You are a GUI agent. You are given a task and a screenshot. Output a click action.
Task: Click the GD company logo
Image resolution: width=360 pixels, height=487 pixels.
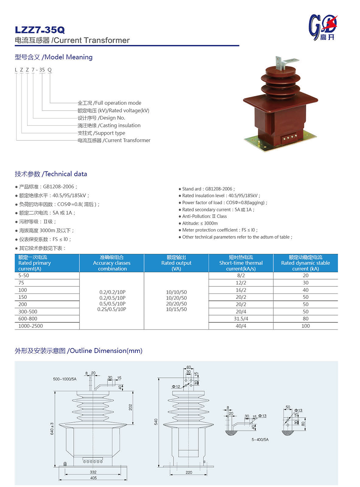(x=323, y=27)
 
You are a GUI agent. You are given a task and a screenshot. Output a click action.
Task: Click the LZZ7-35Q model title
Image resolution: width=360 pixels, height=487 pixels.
(x=40, y=30)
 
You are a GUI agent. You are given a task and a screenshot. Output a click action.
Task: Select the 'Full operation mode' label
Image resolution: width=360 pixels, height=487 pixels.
(x=109, y=103)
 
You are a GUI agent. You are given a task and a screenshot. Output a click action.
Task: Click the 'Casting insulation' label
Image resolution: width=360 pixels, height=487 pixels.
(x=109, y=125)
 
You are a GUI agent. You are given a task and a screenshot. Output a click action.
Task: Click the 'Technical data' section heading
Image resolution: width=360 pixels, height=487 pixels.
(x=51, y=174)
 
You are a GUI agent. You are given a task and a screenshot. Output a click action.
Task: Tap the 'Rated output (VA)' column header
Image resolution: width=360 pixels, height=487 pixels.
(x=176, y=263)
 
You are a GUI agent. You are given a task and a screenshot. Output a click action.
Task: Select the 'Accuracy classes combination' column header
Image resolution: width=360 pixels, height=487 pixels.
(x=112, y=263)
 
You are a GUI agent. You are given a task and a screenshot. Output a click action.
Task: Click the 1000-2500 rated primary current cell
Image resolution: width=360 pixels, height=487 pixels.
(x=31, y=326)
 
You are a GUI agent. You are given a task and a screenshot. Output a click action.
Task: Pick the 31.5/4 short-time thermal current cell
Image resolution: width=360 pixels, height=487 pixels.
(x=241, y=319)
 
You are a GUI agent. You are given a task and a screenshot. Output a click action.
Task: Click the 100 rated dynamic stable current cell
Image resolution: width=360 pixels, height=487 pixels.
(x=306, y=326)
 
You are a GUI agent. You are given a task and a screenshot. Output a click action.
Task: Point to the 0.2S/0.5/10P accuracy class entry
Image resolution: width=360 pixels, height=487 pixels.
(x=112, y=309)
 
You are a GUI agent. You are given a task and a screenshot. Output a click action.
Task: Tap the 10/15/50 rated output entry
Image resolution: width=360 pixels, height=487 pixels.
(x=176, y=309)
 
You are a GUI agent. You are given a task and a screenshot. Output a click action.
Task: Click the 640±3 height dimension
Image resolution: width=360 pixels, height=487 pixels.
(x=52, y=429)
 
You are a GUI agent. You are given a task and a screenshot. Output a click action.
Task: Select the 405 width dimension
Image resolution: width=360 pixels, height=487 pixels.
(x=93, y=478)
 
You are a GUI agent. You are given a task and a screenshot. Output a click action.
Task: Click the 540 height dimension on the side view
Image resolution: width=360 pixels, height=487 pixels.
(x=156, y=421)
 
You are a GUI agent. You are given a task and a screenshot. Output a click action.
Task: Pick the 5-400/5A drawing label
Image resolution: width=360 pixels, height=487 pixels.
(x=260, y=439)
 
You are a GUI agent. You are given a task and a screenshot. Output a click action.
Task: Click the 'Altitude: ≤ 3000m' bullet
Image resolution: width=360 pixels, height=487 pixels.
(x=200, y=223)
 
